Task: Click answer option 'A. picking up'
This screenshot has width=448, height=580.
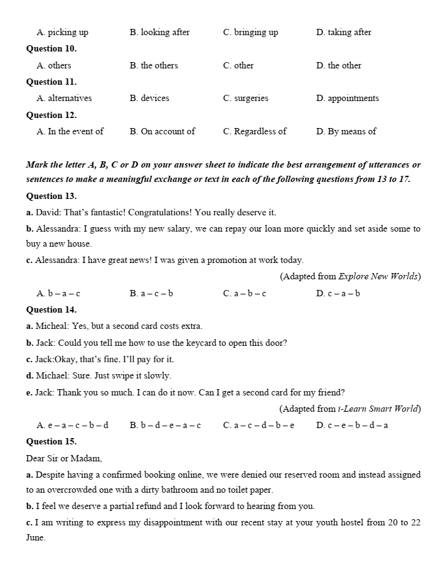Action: (x=63, y=32)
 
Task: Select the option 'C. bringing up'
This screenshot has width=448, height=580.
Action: (x=250, y=32)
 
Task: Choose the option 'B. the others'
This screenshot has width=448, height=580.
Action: (x=154, y=65)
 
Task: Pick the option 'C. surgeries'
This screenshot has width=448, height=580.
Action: (x=245, y=98)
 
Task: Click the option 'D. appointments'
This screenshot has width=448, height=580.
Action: (x=348, y=98)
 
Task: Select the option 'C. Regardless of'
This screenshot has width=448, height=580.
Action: (x=255, y=131)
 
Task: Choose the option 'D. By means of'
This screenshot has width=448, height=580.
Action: (x=346, y=131)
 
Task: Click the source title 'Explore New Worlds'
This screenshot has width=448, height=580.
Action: (x=378, y=276)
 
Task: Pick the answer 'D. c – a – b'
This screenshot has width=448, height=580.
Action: (x=338, y=293)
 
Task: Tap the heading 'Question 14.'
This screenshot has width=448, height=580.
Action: (x=51, y=309)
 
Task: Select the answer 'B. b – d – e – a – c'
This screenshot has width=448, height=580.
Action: (x=165, y=425)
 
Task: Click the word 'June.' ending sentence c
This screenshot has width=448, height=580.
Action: (x=36, y=538)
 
